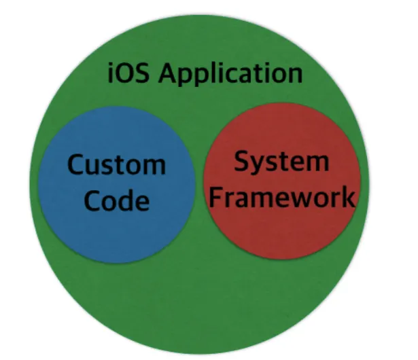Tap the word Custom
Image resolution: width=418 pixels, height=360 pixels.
pos(116,165)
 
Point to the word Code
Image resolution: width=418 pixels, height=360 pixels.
pos(116,200)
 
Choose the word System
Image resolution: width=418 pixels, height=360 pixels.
pos(281,162)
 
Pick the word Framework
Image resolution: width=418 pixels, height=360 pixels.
pos(282,197)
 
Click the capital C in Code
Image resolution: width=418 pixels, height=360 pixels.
pos(92,200)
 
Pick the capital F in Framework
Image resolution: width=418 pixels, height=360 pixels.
pos(215,197)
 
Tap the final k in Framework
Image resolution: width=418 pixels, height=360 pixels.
pos(348,197)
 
